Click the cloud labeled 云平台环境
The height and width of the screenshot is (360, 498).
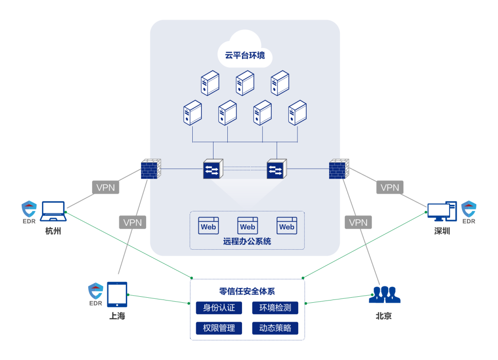[x=245, y=51]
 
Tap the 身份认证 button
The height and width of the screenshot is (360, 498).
[x=219, y=308]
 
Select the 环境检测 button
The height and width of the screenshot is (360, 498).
[x=275, y=308]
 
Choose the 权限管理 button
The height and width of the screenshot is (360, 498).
[x=219, y=328]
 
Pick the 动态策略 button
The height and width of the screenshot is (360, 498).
[x=275, y=328]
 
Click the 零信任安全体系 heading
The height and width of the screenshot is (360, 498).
[x=247, y=291]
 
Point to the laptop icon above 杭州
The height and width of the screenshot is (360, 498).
[x=53, y=211]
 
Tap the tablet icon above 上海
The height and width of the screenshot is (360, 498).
[x=117, y=294]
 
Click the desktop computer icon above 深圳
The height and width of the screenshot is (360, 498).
[x=441, y=211]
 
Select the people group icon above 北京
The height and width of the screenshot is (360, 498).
[x=385, y=295]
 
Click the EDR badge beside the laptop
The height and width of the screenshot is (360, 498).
[x=29, y=212]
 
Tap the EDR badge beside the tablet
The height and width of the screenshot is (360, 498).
[x=95, y=294]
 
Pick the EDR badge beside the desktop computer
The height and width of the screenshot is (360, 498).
[x=468, y=212]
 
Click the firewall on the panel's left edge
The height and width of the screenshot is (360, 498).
[x=151, y=169]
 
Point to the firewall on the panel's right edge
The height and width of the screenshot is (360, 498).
[x=339, y=169]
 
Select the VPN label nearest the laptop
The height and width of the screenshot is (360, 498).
[x=106, y=187]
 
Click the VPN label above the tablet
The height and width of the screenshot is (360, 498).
[x=133, y=222]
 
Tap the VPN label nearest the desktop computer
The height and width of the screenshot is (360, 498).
[x=390, y=187]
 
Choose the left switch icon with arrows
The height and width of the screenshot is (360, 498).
[x=213, y=169]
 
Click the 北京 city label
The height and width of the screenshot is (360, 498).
[x=384, y=316]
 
